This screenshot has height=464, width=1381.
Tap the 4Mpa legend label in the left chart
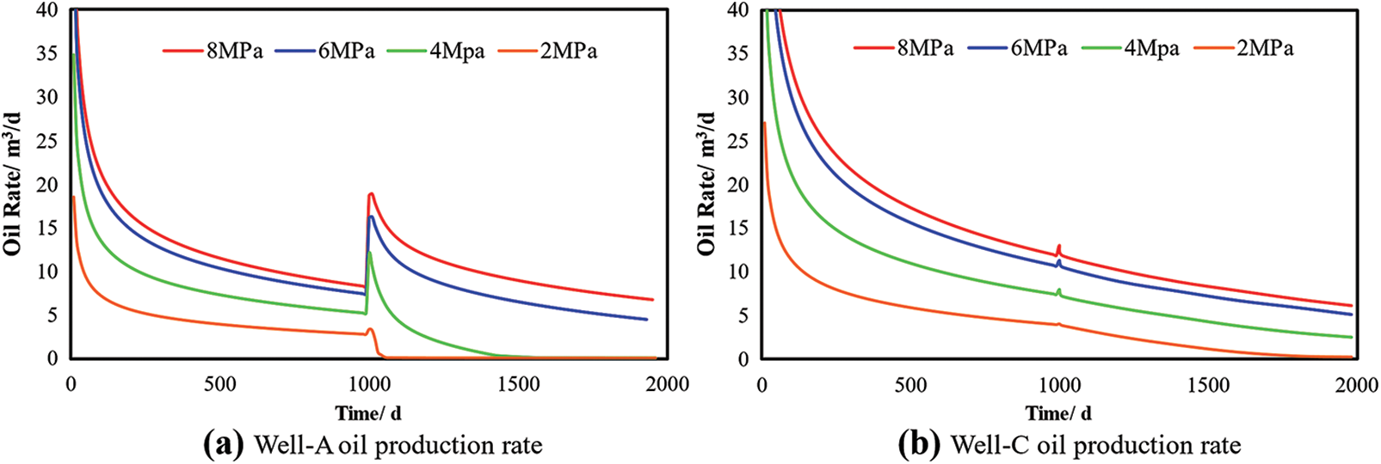point(457,52)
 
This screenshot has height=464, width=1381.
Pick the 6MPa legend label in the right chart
point(1039,49)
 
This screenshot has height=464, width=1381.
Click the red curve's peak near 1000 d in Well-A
point(371,194)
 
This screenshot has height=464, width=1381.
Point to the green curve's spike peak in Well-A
point(369,253)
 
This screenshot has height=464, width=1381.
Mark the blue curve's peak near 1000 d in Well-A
point(371,217)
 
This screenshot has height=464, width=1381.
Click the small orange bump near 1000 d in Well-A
point(370,329)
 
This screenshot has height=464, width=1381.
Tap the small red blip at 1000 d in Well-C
point(1059,247)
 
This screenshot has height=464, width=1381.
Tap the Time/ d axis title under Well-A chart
point(368,414)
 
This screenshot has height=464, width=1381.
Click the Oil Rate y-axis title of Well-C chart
point(706,183)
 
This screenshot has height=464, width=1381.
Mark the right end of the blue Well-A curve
point(646,320)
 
